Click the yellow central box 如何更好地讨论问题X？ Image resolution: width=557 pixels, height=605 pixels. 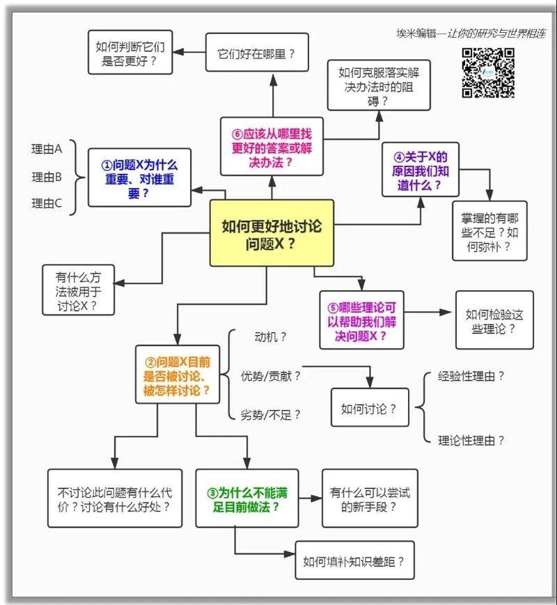pos(272,234)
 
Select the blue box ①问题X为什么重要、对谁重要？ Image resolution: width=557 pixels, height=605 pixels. pos(139,177)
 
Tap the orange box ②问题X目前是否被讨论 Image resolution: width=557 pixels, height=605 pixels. pos(177,376)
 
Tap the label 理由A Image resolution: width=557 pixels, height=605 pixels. pos(47,149)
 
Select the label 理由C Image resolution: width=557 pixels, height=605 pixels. pos(47,204)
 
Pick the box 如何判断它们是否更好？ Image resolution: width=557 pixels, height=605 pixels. pos(131,53)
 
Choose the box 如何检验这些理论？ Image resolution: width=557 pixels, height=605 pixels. pos(494,321)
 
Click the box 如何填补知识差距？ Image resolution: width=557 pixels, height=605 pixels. pos(354,560)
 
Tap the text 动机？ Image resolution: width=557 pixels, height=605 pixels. pos(271,337)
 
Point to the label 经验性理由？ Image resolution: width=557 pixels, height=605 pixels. pos(471,377)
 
